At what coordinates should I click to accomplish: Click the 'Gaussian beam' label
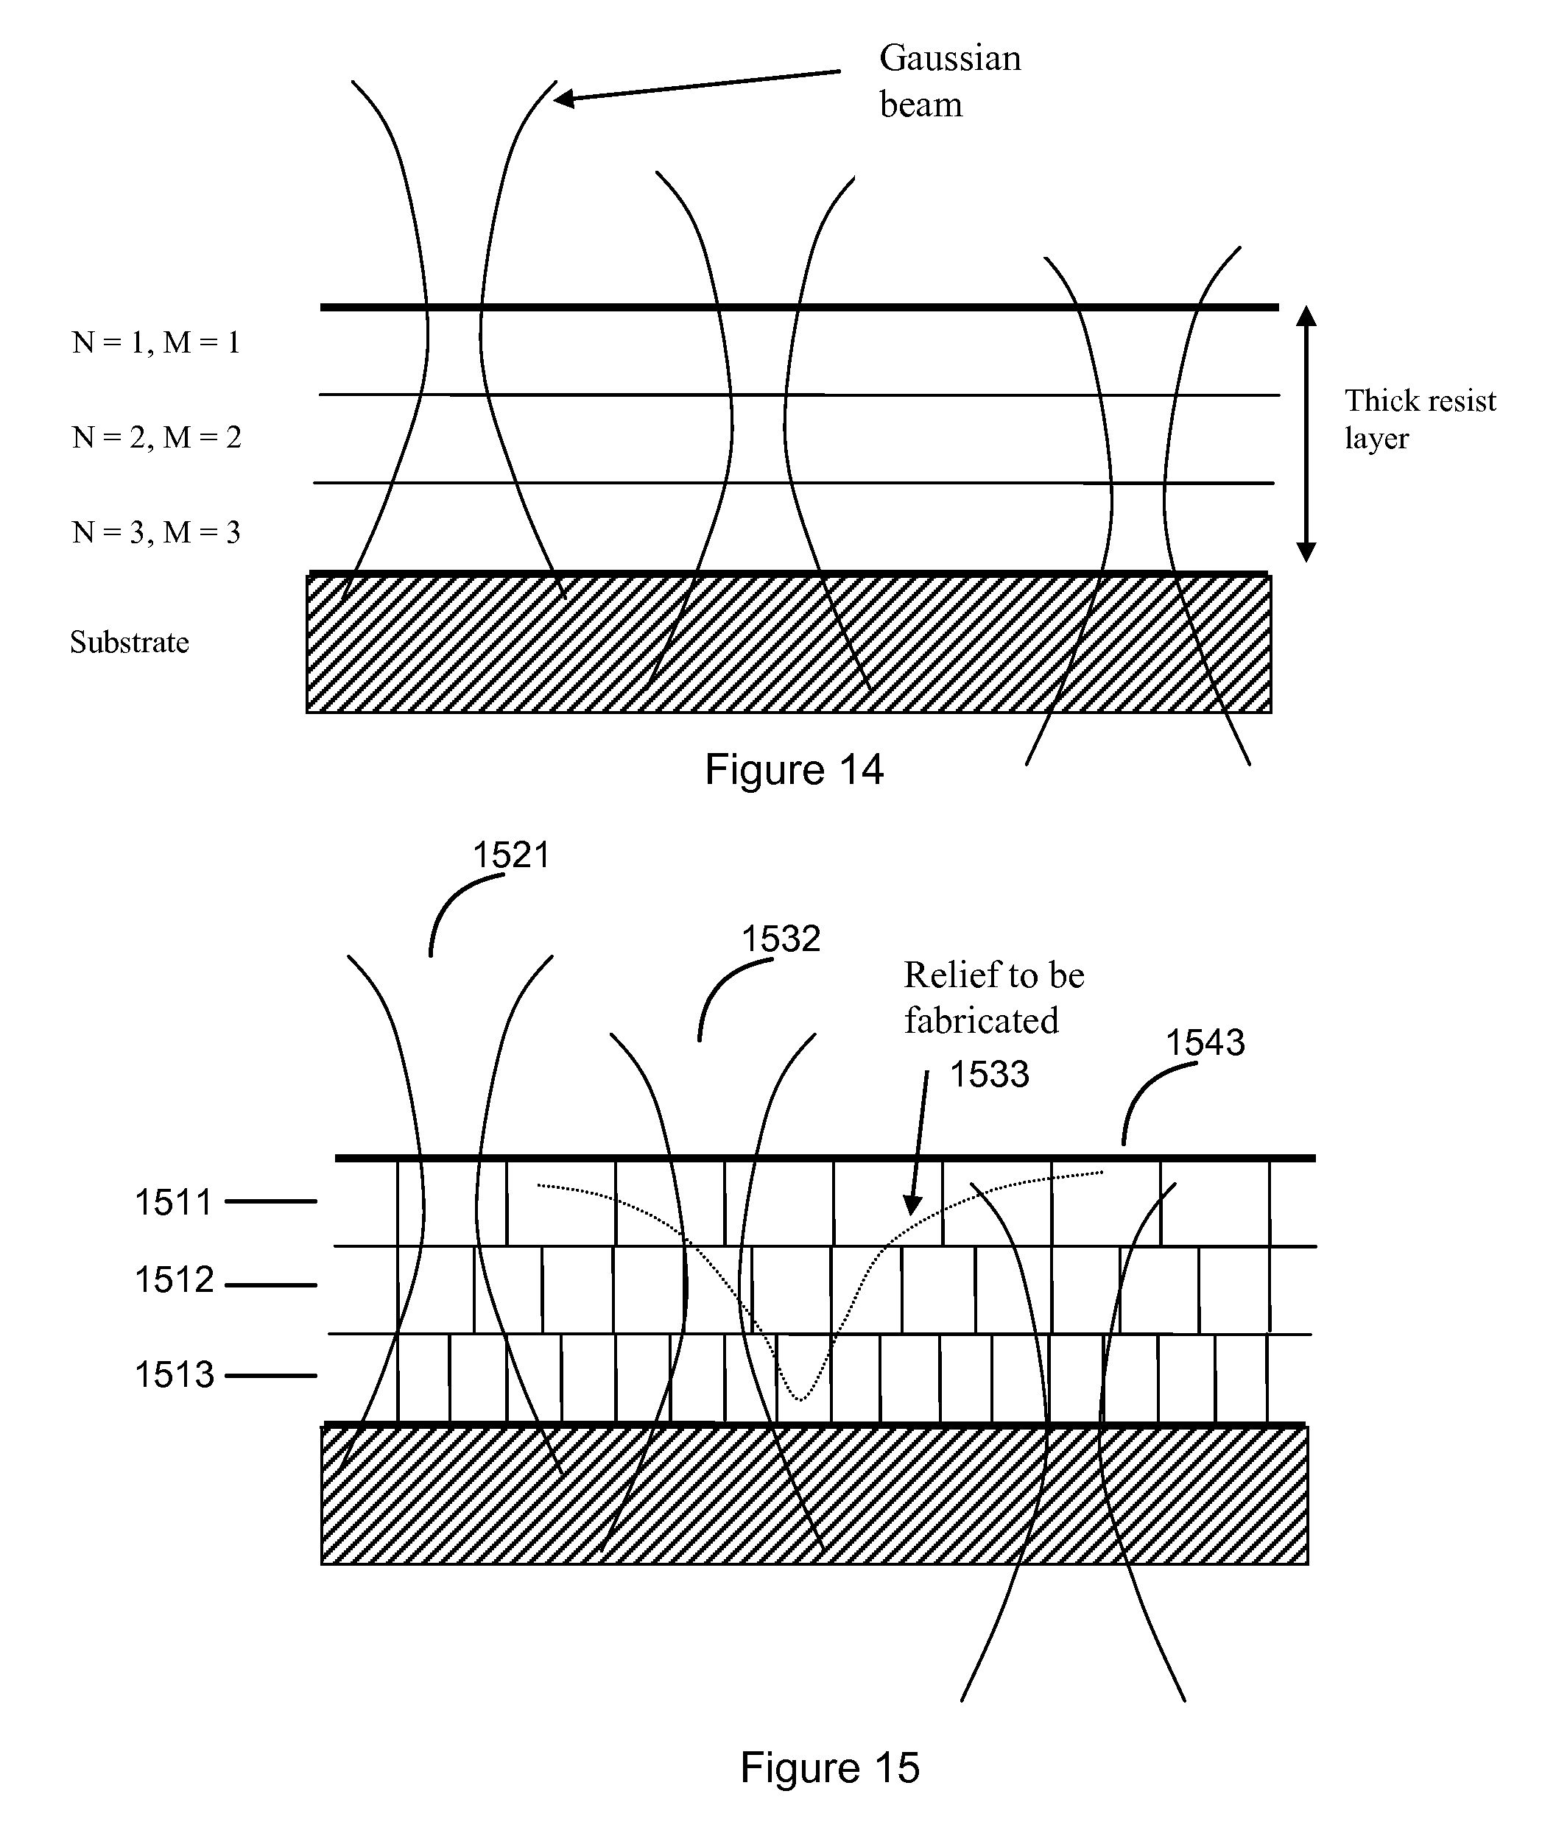950,81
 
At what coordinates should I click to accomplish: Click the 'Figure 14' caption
794,769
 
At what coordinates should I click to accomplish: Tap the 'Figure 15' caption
830,1767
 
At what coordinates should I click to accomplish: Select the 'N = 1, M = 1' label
156,342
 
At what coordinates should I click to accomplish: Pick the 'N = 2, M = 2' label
156,437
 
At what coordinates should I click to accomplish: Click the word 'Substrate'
130,642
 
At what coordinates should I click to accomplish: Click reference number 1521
512,855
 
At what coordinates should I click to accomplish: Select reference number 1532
781,939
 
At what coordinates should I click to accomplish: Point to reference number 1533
989,1074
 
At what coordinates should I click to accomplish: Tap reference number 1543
1205,1042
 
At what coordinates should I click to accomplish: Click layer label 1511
174,1202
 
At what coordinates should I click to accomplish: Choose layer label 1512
174,1279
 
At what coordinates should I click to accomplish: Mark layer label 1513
174,1375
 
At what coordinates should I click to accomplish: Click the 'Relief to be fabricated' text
994,997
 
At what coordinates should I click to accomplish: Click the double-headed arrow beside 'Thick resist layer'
1306,434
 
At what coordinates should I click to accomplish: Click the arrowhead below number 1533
912,1204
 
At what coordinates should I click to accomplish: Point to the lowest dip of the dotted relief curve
800,1399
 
